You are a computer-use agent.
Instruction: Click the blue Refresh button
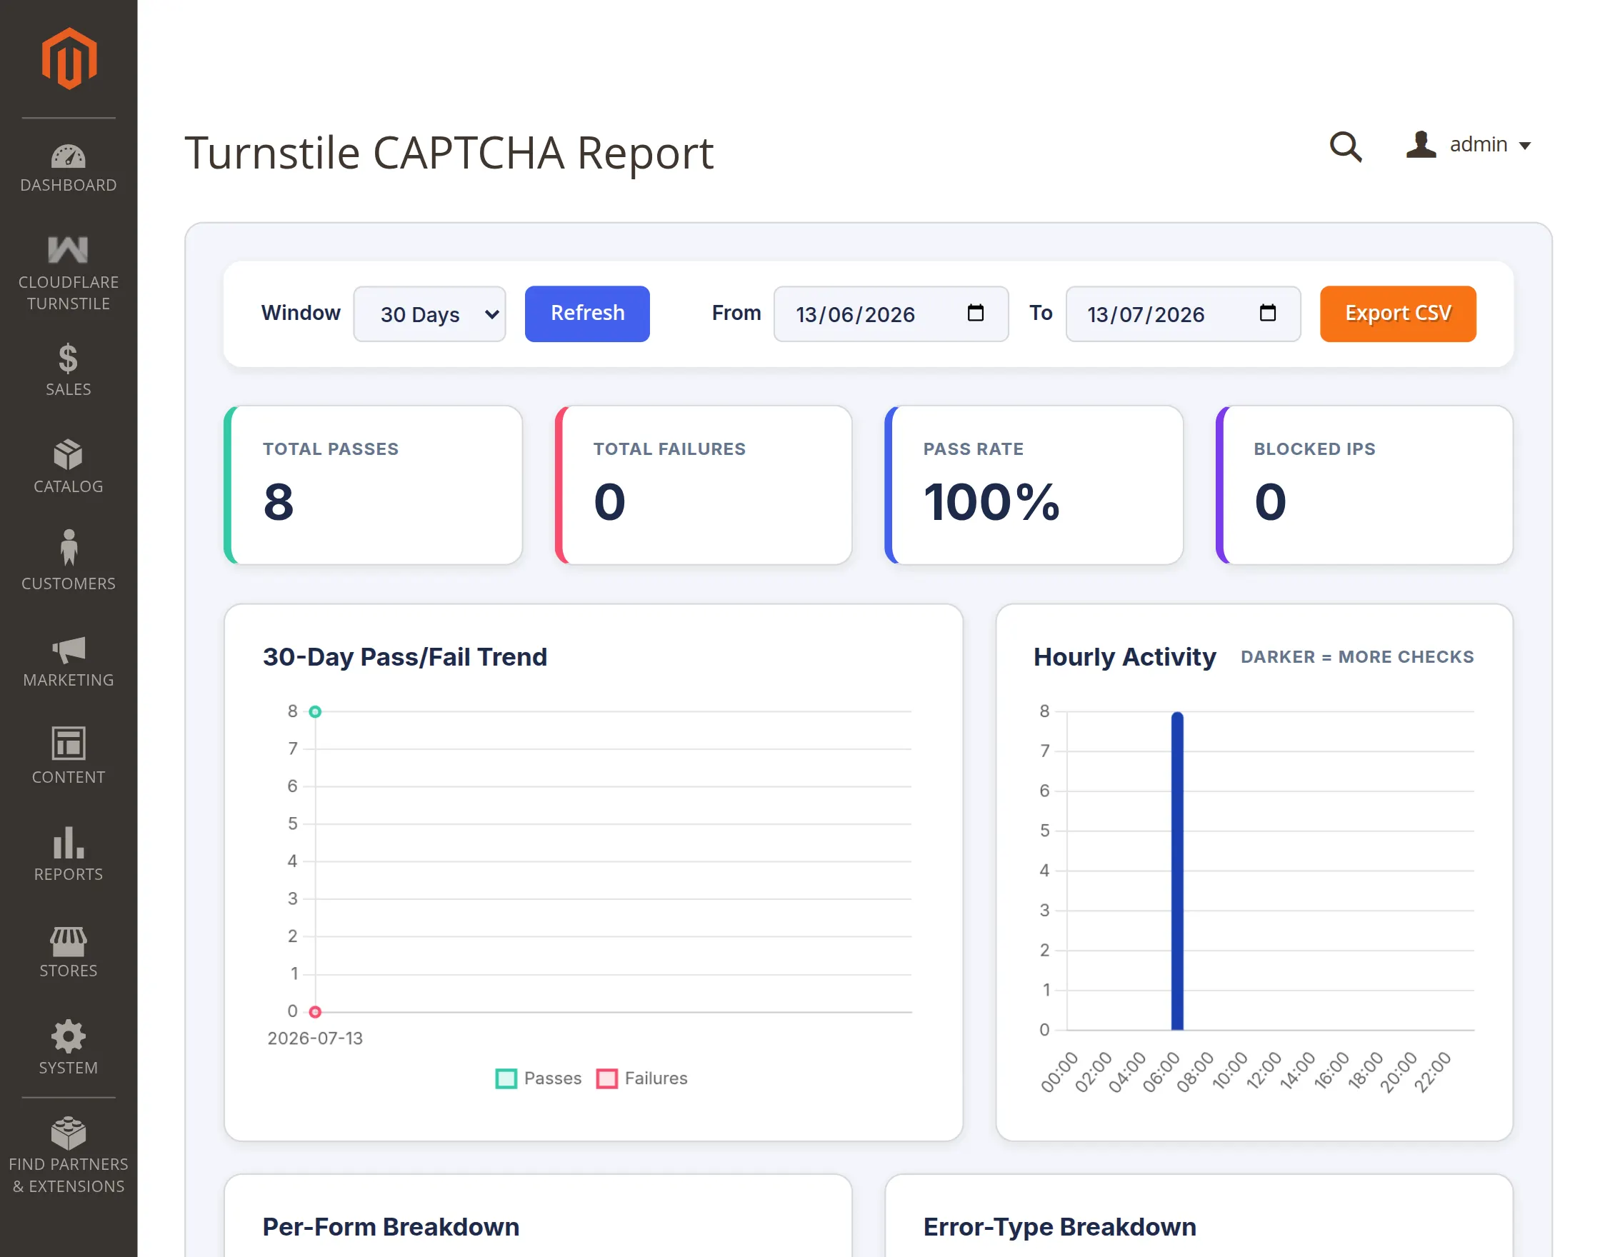(586, 314)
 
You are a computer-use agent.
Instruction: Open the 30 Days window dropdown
(429, 314)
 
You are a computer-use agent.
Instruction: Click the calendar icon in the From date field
(975, 313)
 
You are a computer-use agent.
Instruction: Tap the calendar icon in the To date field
(1267, 313)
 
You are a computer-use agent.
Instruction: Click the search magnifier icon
(1345, 146)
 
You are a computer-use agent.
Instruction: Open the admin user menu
(1469, 144)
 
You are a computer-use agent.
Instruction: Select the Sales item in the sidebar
(69, 370)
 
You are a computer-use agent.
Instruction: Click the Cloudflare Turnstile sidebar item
(69, 273)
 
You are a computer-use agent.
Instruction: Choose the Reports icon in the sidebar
(69, 843)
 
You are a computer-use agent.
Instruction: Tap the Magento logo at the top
(69, 59)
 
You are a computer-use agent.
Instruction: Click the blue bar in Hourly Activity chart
(1177, 871)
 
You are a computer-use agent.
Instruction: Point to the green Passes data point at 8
(315, 711)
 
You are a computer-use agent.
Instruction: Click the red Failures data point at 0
(315, 1012)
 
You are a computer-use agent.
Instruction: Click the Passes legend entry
(539, 1078)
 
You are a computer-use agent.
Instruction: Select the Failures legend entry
(641, 1078)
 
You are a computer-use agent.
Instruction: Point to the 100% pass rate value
(991, 502)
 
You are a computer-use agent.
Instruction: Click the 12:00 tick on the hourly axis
(1264, 1071)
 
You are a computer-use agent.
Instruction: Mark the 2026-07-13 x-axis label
(315, 1038)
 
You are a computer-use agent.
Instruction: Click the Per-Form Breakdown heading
(391, 1227)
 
